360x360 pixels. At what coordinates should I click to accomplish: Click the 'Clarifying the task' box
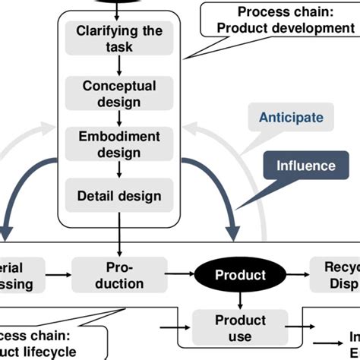point(119,39)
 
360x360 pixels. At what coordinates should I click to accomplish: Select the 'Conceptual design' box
point(119,93)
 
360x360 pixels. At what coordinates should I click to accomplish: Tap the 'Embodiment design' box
point(119,144)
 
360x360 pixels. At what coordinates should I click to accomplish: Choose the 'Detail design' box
point(119,196)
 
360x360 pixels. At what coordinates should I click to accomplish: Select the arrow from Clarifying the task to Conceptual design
point(119,65)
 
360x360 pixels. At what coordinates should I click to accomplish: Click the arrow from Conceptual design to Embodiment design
point(119,118)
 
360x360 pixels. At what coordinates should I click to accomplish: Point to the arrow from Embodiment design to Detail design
point(119,169)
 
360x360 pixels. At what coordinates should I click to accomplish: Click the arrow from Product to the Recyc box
point(289,276)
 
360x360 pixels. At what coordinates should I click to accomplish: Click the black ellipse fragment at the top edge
point(119,3)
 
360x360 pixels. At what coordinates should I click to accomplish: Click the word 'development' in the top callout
point(312,29)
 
